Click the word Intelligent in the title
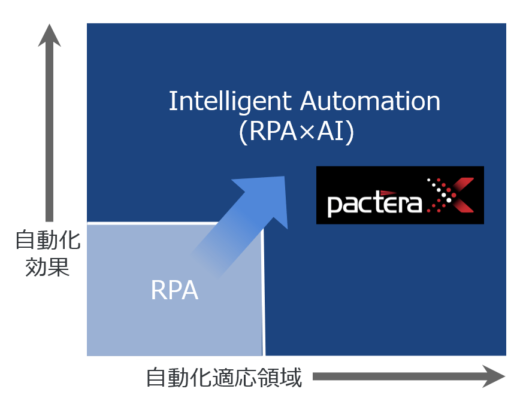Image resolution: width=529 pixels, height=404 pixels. [x=231, y=102]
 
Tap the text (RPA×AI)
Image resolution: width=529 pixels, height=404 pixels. [x=297, y=132]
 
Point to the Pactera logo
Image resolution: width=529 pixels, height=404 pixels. [x=400, y=195]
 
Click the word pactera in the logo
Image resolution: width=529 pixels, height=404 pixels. [x=374, y=203]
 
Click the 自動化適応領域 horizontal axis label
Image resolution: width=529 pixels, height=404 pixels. [x=224, y=378]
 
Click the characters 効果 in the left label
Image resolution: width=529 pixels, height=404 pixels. [x=47, y=267]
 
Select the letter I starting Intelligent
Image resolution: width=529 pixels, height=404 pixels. [x=172, y=102]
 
